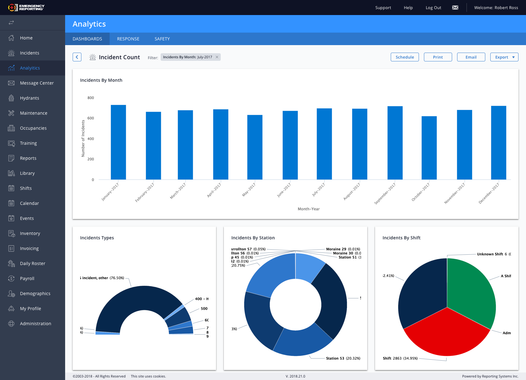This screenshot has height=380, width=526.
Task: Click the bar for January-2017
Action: click(x=118, y=143)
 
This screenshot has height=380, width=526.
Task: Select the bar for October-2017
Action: click(x=429, y=148)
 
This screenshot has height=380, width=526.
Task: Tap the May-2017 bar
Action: click(x=255, y=147)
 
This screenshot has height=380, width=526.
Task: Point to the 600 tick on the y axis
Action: click(x=90, y=118)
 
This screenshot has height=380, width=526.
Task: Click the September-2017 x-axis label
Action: click(x=385, y=194)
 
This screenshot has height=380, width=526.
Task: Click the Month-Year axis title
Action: click(x=308, y=209)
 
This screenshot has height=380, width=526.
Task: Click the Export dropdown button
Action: click(x=504, y=57)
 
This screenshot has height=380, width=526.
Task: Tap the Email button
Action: click(x=471, y=57)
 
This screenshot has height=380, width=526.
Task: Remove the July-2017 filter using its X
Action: click(x=217, y=57)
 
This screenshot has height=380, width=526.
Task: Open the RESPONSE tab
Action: click(x=128, y=39)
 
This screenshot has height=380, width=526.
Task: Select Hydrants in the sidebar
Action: click(x=29, y=98)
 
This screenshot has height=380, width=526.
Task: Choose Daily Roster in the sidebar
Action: click(x=33, y=263)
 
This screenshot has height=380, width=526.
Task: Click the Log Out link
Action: click(x=433, y=8)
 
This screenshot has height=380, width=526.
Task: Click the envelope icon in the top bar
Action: click(x=455, y=8)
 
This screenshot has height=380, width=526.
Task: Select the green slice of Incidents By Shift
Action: click(x=470, y=291)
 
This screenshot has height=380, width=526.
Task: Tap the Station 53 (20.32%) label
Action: click(x=343, y=358)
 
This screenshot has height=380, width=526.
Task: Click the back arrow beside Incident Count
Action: click(x=77, y=57)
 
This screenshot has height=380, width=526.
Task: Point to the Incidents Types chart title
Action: click(x=97, y=238)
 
